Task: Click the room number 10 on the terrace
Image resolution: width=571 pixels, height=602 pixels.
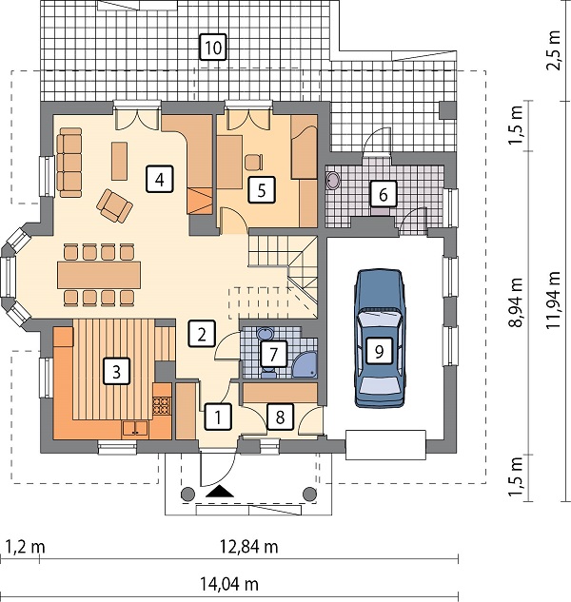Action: [213, 48]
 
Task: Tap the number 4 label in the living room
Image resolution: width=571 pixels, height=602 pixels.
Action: [160, 179]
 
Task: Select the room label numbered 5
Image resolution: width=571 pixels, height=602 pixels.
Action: [262, 189]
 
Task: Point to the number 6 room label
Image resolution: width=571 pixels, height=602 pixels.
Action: [384, 195]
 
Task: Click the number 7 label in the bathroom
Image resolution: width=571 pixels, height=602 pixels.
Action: [273, 354]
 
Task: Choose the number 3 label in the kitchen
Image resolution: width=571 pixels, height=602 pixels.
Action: [116, 371]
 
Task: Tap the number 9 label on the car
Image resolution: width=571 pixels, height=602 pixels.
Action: [380, 351]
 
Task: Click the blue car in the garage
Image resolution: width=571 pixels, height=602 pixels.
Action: [380, 338]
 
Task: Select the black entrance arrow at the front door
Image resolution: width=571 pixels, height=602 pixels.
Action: [220, 491]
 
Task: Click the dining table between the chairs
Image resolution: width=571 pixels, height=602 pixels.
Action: [99, 275]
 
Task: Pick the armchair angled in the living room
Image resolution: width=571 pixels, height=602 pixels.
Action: [114, 205]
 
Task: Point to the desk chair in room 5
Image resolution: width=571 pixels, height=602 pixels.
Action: [253, 162]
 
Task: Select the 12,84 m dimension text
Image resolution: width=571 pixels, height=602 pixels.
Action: [249, 546]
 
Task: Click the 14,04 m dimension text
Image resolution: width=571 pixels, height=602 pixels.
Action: [229, 584]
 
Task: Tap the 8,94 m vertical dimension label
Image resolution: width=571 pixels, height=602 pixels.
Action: [515, 302]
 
